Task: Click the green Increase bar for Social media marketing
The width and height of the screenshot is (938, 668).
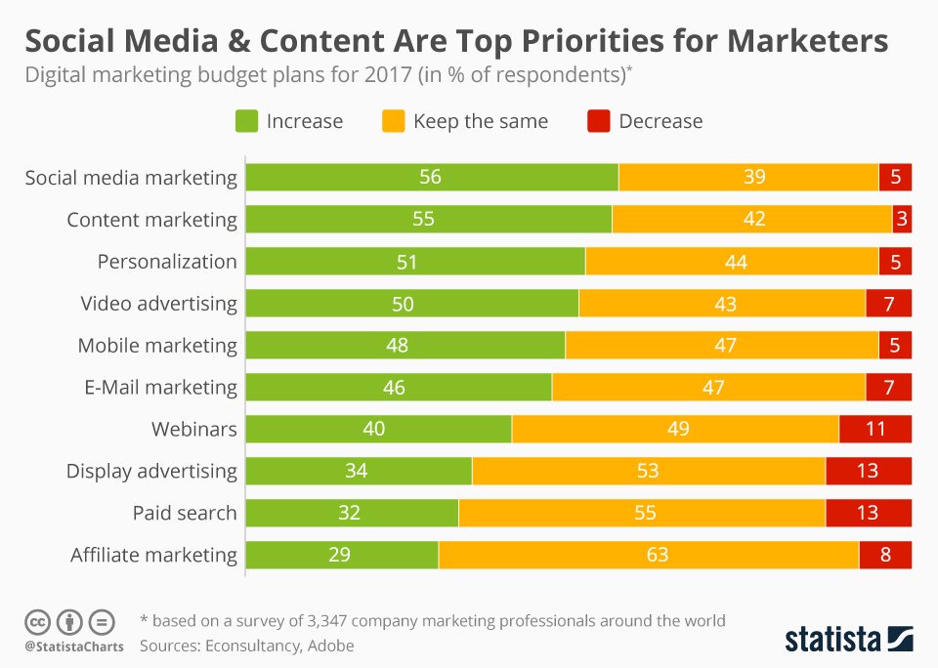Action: click(431, 178)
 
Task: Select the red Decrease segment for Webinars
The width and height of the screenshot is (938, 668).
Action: click(874, 430)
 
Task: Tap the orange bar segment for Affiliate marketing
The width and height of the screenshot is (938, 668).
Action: click(649, 555)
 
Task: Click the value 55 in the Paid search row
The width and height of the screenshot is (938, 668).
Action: click(644, 513)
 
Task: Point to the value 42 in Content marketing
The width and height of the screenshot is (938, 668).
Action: click(753, 220)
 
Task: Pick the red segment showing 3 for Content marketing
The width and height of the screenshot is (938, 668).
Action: click(901, 220)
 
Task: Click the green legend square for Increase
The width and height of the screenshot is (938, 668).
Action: click(246, 121)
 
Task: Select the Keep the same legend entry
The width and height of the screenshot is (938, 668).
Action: click(480, 121)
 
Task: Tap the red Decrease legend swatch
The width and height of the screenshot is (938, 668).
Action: click(598, 121)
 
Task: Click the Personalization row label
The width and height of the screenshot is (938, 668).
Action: click(167, 262)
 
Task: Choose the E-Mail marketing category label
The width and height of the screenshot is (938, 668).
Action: click(158, 387)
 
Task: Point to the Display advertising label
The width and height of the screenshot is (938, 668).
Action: click(151, 471)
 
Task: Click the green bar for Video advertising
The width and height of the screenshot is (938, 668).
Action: click(411, 304)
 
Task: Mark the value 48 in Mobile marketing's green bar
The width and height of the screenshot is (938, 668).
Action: click(397, 346)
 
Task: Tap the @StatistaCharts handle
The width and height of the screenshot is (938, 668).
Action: click(74, 647)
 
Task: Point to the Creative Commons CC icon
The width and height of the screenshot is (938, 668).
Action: click(38, 622)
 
